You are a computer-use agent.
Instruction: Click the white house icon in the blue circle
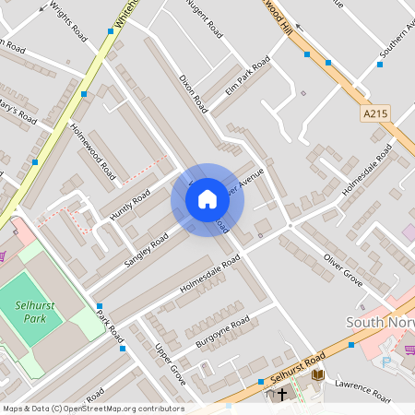coord(207,198)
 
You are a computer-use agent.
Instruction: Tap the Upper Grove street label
coord(171,365)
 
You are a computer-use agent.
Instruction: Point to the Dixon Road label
coord(195,96)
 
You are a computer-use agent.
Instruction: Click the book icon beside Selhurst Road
coord(317,374)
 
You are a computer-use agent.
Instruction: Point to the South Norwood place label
coord(380,323)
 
